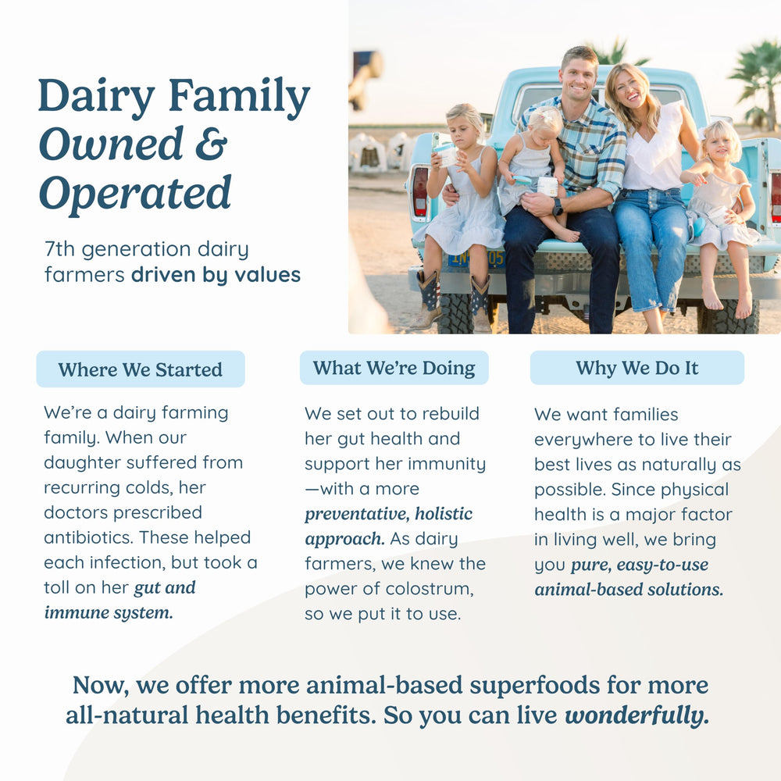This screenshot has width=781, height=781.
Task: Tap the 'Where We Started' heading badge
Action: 141,369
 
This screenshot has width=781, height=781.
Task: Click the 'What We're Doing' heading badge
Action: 394,368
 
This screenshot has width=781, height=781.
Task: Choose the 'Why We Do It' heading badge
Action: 637,368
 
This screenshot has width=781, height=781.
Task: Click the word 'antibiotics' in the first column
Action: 89,537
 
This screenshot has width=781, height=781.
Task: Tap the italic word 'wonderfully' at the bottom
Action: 637,715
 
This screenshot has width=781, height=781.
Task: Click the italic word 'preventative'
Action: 357,514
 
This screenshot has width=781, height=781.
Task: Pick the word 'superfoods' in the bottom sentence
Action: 534,686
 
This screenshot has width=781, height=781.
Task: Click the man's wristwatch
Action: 558,206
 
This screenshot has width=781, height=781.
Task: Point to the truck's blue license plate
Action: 476,259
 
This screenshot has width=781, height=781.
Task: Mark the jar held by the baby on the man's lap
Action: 547,187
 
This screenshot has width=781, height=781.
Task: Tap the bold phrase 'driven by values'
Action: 216,275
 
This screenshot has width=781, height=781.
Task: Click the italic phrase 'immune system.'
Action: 109,612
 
